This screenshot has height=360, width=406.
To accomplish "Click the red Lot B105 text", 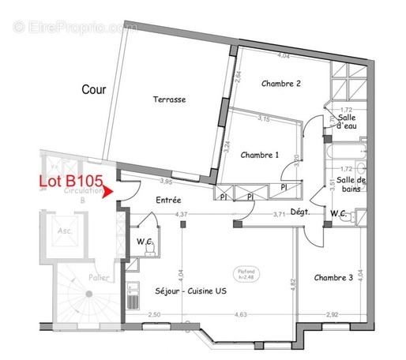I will [71, 182].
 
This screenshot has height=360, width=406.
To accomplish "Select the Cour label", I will [95, 89].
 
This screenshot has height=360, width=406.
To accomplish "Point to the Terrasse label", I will [169, 100].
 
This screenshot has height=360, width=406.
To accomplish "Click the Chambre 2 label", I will [280, 83].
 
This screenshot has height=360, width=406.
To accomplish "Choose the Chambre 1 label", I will [260, 155].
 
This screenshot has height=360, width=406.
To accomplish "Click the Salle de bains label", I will [351, 186].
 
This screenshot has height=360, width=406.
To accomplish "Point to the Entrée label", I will [170, 201].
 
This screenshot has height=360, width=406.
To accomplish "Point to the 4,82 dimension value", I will [291, 282].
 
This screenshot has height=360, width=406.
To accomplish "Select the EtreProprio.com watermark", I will [75, 27].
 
